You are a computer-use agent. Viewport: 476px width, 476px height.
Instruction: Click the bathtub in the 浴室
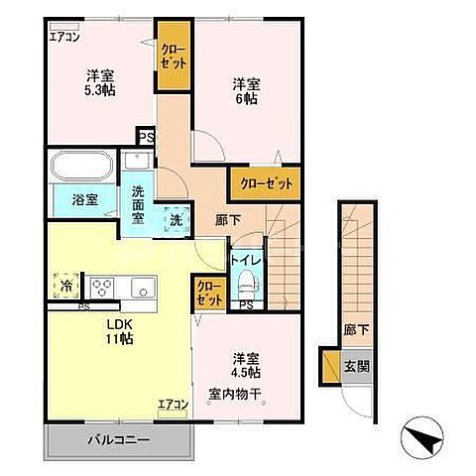(82, 166)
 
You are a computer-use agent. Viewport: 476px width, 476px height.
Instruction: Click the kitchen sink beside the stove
(143, 288)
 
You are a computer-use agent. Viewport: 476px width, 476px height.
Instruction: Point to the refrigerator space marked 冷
(66, 286)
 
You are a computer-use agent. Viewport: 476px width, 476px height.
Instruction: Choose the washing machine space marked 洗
(177, 220)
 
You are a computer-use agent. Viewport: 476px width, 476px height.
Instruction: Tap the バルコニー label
(119, 440)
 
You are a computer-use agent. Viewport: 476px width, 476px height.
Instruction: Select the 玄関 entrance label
(357, 366)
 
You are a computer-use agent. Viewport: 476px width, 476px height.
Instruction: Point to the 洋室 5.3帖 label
(100, 83)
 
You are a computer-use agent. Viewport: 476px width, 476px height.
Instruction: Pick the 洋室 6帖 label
(246, 91)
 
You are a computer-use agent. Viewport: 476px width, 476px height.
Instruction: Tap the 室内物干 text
(235, 394)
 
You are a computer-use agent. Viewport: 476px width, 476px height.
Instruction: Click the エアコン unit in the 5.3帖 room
(64, 27)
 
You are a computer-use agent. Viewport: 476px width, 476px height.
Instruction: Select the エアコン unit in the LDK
(173, 414)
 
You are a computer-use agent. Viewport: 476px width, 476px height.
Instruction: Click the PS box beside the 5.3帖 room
(146, 137)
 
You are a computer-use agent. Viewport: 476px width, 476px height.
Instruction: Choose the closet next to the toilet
(209, 294)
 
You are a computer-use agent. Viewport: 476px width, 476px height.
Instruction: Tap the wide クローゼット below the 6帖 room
(266, 183)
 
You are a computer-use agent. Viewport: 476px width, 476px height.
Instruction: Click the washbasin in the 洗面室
(137, 161)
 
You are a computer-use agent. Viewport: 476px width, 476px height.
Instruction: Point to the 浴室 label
(85, 199)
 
